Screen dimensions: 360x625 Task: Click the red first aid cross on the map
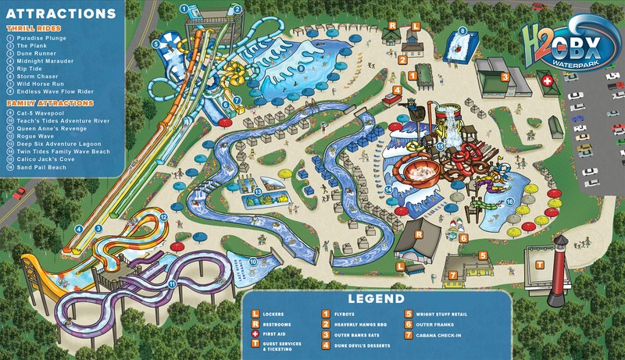[x=548, y=80]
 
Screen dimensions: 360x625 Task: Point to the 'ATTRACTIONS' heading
[x=59, y=14]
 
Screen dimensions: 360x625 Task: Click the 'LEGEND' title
[x=377, y=298]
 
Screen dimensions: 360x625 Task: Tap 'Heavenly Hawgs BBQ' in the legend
[x=360, y=323]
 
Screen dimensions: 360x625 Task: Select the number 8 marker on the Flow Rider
[x=462, y=30]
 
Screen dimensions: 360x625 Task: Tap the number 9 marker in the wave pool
[x=301, y=68]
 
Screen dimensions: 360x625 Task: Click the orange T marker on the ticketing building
[x=539, y=265]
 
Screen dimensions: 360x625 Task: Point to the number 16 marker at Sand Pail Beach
[x=509, y=201]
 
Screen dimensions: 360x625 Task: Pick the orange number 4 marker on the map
[x=398, y=90]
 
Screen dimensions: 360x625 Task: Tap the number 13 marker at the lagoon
[x=258, y=191]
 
